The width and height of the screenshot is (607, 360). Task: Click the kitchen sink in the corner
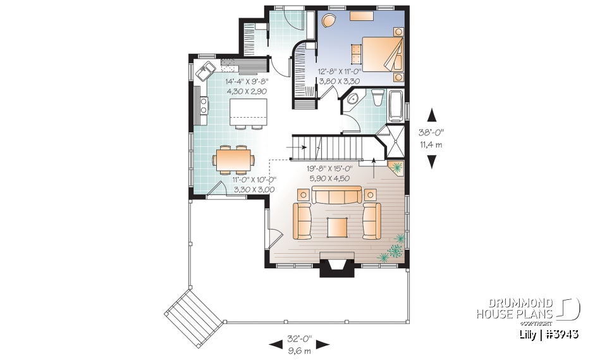(205, 70)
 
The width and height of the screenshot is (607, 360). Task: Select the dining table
(233, 158)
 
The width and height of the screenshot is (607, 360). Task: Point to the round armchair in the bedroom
(329, 22)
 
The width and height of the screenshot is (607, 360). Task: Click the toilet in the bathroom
(378, 98)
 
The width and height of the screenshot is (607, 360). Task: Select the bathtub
(396, 106)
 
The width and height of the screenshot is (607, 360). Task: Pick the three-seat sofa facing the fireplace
(336, 196)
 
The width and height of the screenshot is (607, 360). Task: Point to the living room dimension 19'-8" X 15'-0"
(329, 169)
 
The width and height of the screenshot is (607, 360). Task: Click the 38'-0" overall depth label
(432, 133)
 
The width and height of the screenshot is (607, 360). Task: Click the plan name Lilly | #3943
(546, 333)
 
